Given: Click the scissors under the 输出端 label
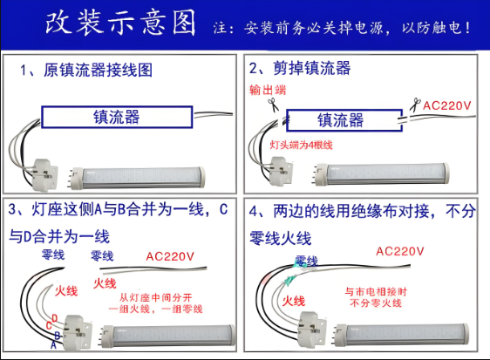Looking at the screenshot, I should click(x=269, y=105).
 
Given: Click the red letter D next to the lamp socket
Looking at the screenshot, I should click(x=54, y=317).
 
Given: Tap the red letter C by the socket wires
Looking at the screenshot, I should click(x=49, y=326).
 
